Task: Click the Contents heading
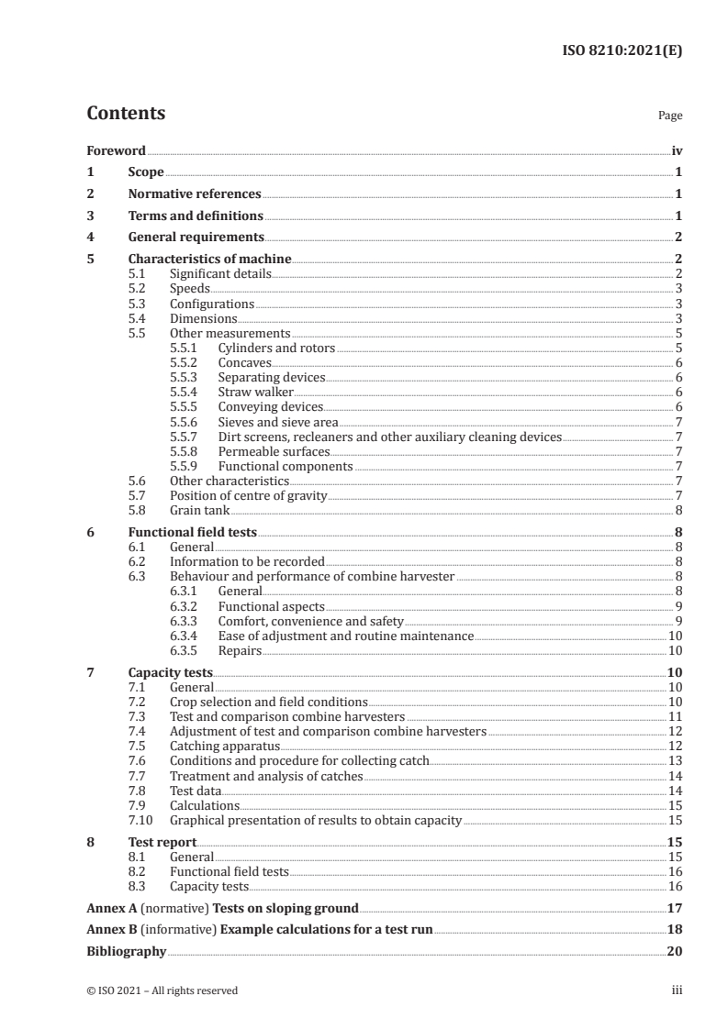click(x=126, y=114)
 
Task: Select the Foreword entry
click(x=116, y=150)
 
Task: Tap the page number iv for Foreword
click(x=677, y=150)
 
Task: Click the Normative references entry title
click(x=195, y=194)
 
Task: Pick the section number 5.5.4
click(x=185, y=392)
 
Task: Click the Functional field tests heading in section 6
click(x=192, y=532)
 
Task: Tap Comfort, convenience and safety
click(x=310, y=621)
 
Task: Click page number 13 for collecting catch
click(x=674, y=760)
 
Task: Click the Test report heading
click(x=162, y=842)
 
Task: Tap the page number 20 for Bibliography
click(x=674, y=951)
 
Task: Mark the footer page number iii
click(x=678, y=990)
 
